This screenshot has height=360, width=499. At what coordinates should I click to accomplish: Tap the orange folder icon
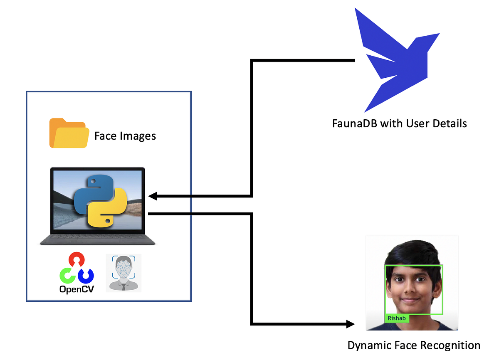(x=69, y=133)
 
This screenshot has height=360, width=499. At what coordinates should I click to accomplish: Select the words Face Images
(x=125, y=136)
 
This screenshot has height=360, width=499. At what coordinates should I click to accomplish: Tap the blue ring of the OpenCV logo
(x=86, y=275)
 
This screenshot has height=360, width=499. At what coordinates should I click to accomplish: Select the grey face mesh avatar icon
(x=124, y=272)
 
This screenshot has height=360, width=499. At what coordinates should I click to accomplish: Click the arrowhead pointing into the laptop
(x=152, y=196)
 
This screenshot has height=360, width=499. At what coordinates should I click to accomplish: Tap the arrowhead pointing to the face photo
(x=351, y=324)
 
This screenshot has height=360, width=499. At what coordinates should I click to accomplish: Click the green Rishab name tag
(x=396, y=318)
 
